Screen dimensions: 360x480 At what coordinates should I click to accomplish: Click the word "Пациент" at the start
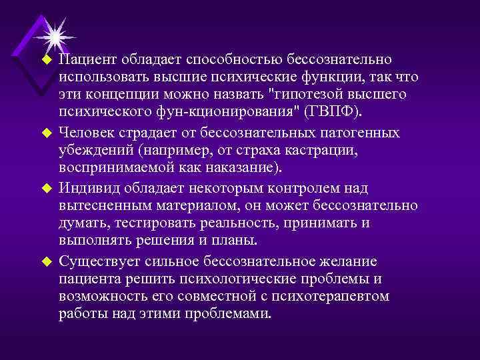coord(83,61)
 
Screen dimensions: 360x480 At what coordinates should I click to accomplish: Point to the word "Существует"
coord(93,261)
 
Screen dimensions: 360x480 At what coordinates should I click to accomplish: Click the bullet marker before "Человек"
coord(47,133)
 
